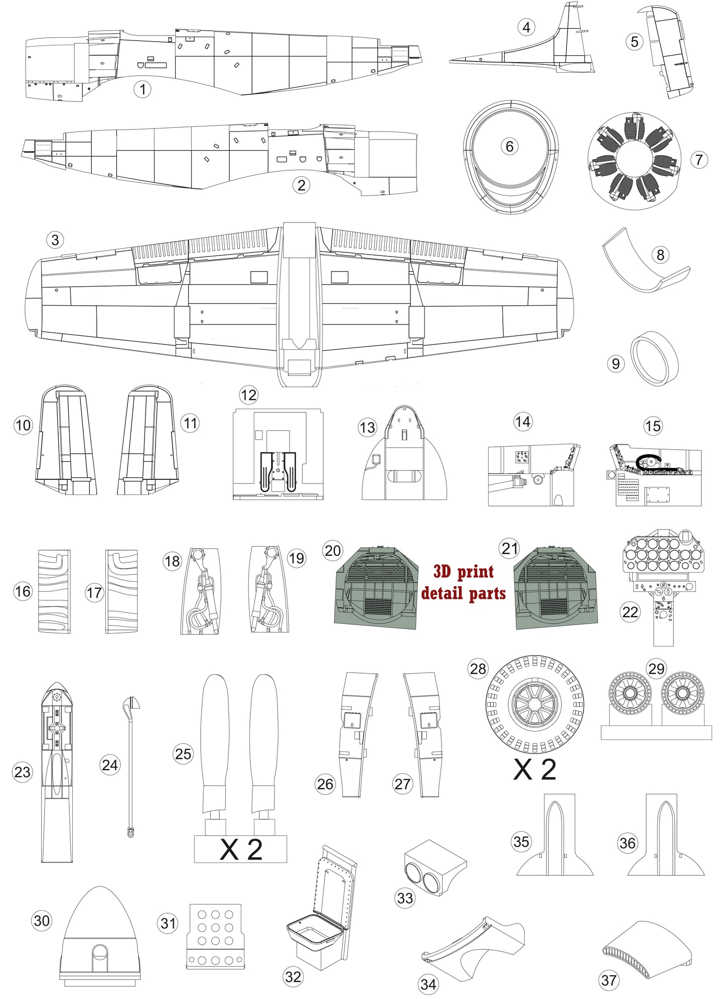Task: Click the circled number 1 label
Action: pyautogui.click(x=142, y=90)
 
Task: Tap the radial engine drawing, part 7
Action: pyautogui.click(x=634, y=161)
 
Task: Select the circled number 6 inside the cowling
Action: pyautogui.click(x=509, y=147)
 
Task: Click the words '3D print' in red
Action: pyautogui.click(x=463, y=571)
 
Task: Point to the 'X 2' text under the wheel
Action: pyautogui.click(x=534, y=770)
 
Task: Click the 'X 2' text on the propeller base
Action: pyautogui.click(x=241, y=850)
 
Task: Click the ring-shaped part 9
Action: pyautogui.click(x=655, y=358)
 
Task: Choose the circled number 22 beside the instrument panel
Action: pyautogui.click(x=630, y=612)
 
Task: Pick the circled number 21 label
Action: pyautogui.click(x=510, y=549)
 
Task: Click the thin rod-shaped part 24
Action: pyautogui.click(x=130, y=768)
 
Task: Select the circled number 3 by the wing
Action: pyautogui.click(x=55, y=240)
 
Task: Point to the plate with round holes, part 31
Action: pyautogui.click(x=215, y=936)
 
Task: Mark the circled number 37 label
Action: pyautogui.click(x=609, y=980)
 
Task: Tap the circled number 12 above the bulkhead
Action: pyautogui.click(x=248, y=395)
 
